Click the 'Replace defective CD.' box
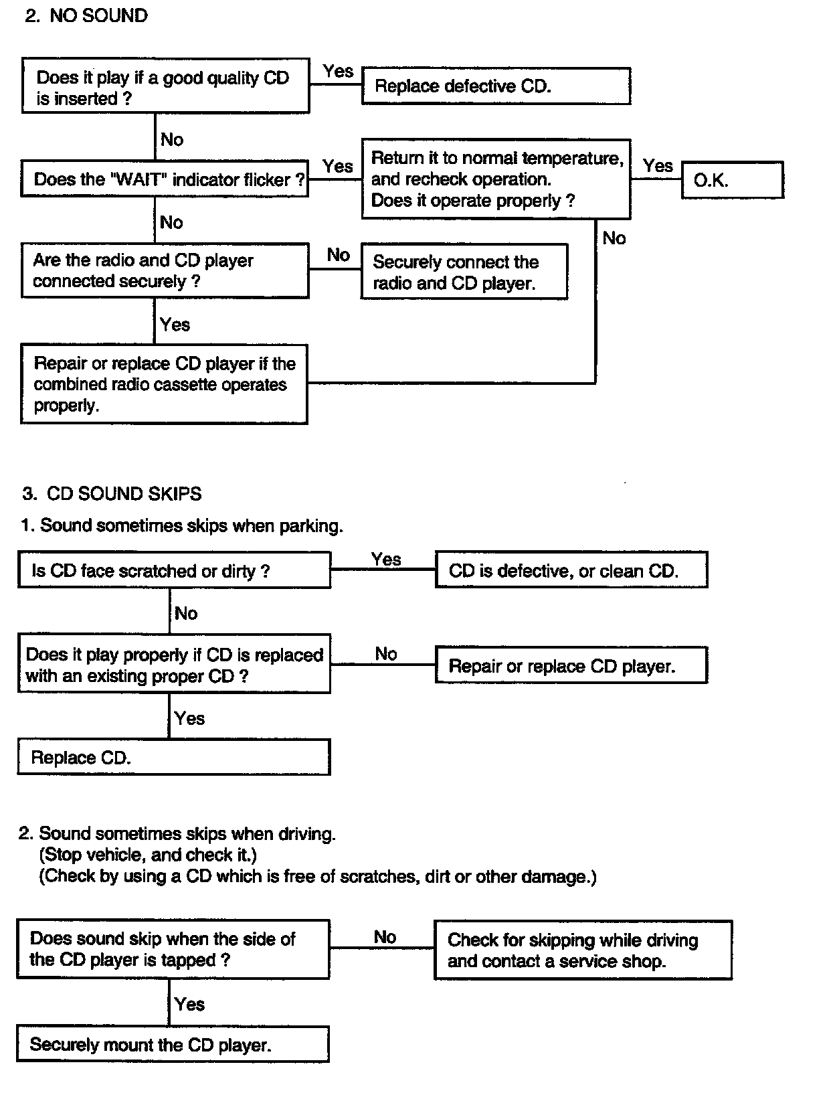[496, 86]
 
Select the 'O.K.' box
[733, 179]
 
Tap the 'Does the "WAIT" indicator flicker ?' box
[165, 179]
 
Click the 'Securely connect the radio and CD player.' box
[464, 272]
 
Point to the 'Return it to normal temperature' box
[496, 179]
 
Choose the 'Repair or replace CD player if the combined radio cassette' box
[164, 384]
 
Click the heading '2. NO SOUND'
[86, 16]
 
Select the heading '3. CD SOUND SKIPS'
[112, 493]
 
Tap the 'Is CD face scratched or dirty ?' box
[174, 570]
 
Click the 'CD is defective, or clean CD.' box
[571, 570]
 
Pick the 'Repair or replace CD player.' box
[571, 665]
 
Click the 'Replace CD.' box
[174, 757]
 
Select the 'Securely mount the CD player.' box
[173, 1043]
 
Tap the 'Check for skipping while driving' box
[583, 950]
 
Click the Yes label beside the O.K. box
[658, 165]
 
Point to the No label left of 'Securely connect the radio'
[338, 255]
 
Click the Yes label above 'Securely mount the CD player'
[189, 1004]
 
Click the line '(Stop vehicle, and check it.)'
[148, 855]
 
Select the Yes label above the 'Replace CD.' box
[189, 718]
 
